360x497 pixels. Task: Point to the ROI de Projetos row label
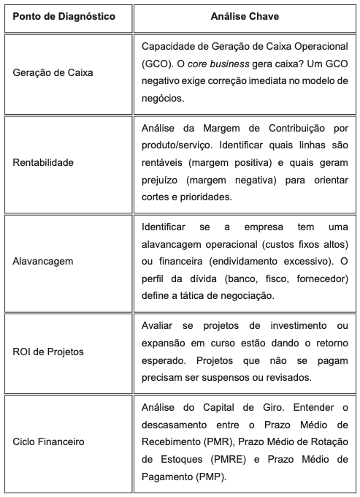(x=48, y=351)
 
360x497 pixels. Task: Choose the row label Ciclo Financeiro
(x=48, y=441)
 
